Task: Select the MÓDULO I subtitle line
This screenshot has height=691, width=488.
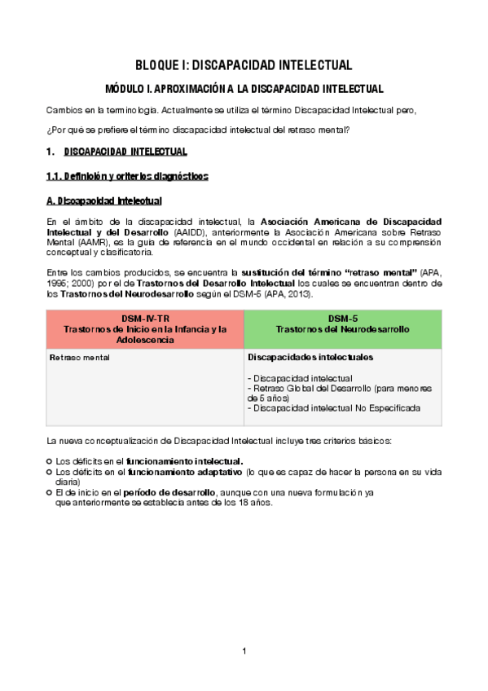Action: coord(244,88)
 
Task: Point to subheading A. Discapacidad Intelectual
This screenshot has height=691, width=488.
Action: coord(103,200)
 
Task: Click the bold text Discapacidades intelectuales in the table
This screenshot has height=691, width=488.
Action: coord(310,358)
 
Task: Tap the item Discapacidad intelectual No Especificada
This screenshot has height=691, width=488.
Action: coord(333,408)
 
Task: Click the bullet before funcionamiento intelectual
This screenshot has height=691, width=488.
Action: coord(49,461)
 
